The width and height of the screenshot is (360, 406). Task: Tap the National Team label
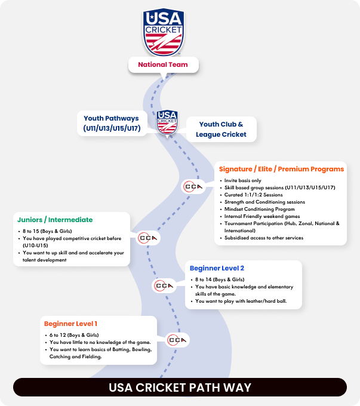click(x=163, y=64)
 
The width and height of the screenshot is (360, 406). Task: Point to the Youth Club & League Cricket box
click(x=220, y=130)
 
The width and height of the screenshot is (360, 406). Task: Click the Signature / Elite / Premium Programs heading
click(x=281, y=169)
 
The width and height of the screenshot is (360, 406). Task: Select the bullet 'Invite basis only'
click(x=242, y=180)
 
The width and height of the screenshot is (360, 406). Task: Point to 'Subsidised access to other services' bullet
click(x=264, y=238)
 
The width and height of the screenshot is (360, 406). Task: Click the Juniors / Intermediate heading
click(x=56, y=220)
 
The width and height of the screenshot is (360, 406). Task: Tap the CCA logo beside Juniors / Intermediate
click(x=147, y=238)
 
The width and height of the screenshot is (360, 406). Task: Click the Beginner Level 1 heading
click(x=70, y=324)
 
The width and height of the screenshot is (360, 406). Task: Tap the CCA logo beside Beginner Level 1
click(x=177, y=340)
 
